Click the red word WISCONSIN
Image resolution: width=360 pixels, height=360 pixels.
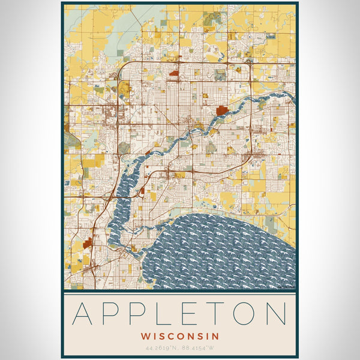(x=180, y=336)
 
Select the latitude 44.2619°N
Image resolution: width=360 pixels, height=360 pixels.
(x=159, y=348)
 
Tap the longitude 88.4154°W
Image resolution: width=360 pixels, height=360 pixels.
(x=200, y=348)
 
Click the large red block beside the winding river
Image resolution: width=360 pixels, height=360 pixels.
(x=222, y=110)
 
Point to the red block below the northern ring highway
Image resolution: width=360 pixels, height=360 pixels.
(x=175, y=74)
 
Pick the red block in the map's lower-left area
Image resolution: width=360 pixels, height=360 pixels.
(x=88, y=242)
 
